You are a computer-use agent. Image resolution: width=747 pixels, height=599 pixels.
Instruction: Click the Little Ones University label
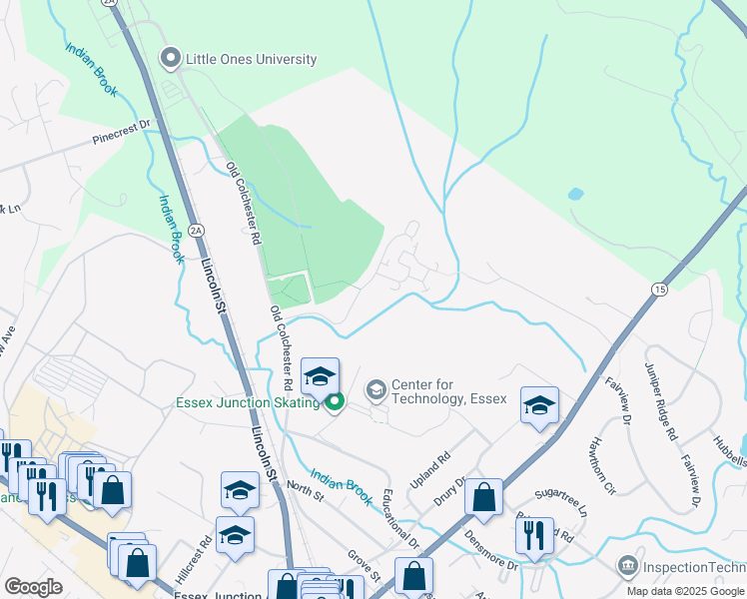252,60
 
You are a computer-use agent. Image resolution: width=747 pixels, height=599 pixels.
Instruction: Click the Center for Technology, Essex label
448,391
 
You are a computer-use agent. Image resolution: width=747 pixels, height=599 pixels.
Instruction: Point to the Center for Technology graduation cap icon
376,388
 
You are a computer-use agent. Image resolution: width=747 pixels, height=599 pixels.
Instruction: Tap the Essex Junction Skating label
247,402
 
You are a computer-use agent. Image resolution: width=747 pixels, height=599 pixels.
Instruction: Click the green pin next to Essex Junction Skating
334,403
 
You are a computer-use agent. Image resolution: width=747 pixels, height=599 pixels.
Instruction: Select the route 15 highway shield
659,289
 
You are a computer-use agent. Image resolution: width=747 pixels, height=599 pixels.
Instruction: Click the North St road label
300,486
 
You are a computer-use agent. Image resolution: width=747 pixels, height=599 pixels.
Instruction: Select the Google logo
33,586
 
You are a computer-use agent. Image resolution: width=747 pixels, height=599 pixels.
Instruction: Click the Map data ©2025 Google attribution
684,591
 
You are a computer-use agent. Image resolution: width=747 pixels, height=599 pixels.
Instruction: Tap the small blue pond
574,194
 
